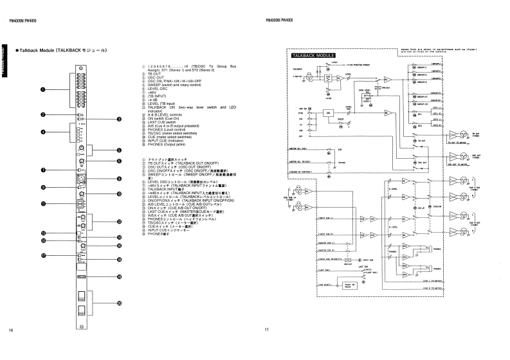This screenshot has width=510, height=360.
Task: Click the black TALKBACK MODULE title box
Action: (x=311, y=57)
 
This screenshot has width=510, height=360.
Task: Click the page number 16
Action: (x=11, y=330)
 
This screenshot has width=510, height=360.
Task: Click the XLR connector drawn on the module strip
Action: (x=82, y=178)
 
